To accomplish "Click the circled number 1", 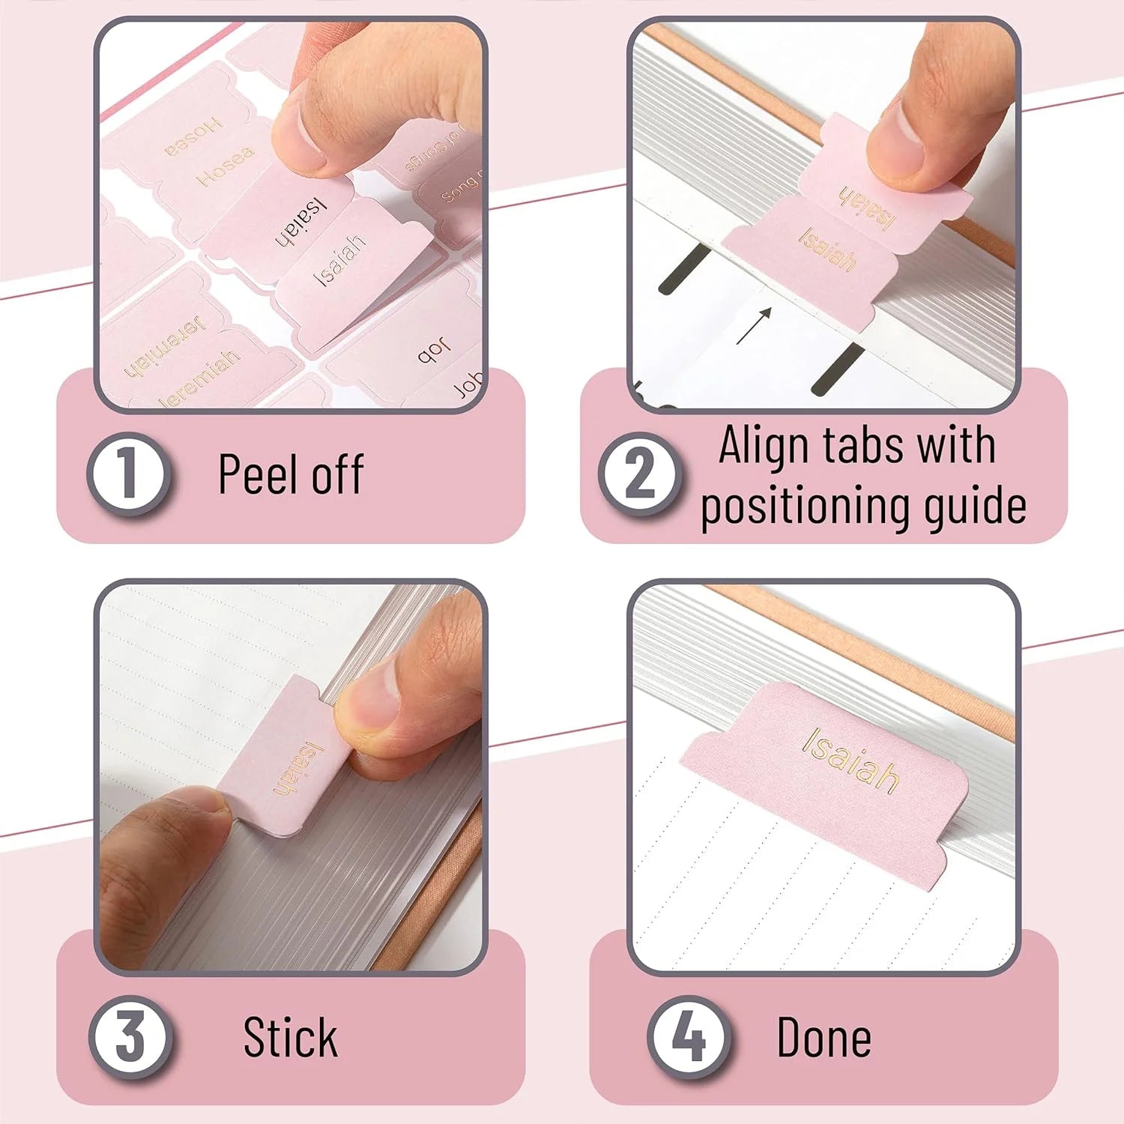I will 127,474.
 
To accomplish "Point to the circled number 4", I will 689,1037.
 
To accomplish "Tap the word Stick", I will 290,1038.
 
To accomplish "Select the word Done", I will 824,1038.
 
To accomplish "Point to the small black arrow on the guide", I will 754,325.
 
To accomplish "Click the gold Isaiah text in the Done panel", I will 851,760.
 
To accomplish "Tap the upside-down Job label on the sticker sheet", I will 434,350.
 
